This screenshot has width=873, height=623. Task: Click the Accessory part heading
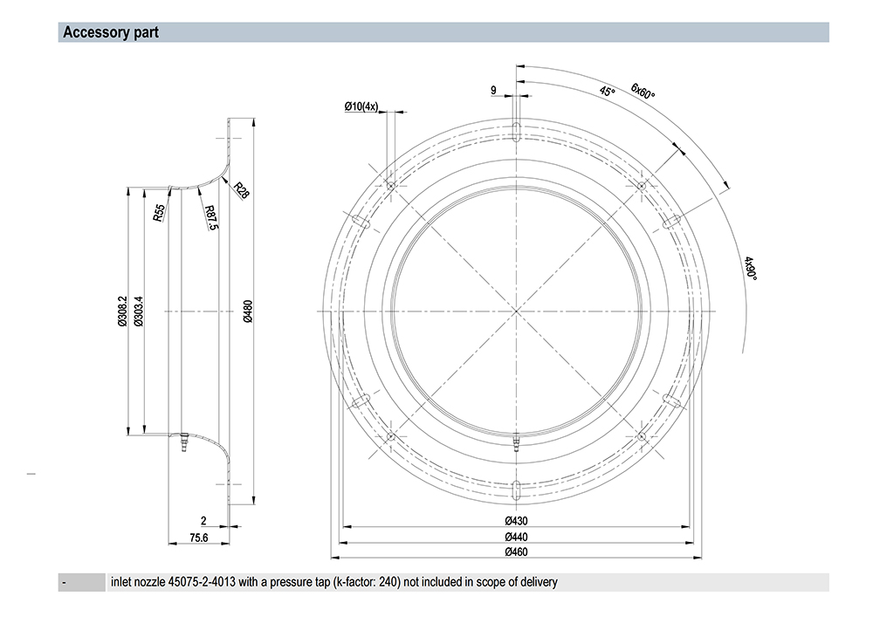(110, 33)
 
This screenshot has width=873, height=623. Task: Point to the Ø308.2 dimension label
(122, 311)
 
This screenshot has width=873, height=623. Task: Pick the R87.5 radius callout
(210, 218)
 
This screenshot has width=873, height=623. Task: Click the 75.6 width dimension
(199, 538)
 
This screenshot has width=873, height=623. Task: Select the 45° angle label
(607, 90)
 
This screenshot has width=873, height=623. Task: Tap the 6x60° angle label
(643, 90)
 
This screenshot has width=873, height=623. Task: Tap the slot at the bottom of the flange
(517, 488)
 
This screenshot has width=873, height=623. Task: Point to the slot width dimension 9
(494, 90)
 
